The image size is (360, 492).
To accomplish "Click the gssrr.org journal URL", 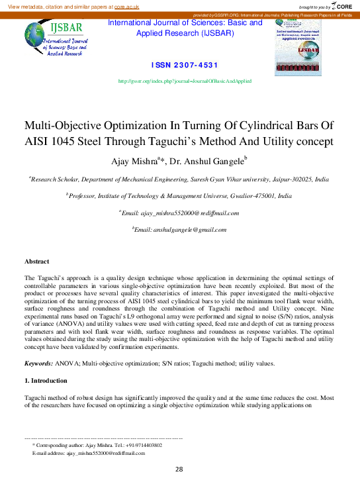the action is coord(184,81).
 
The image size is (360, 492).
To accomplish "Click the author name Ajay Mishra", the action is coord(138,160).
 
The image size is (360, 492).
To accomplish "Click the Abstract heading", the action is coord(36,262).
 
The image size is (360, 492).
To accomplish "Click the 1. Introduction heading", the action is coord(46,381).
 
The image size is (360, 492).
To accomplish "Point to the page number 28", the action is coord(179,469).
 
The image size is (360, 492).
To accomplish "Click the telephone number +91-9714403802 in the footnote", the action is coord(143,445).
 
